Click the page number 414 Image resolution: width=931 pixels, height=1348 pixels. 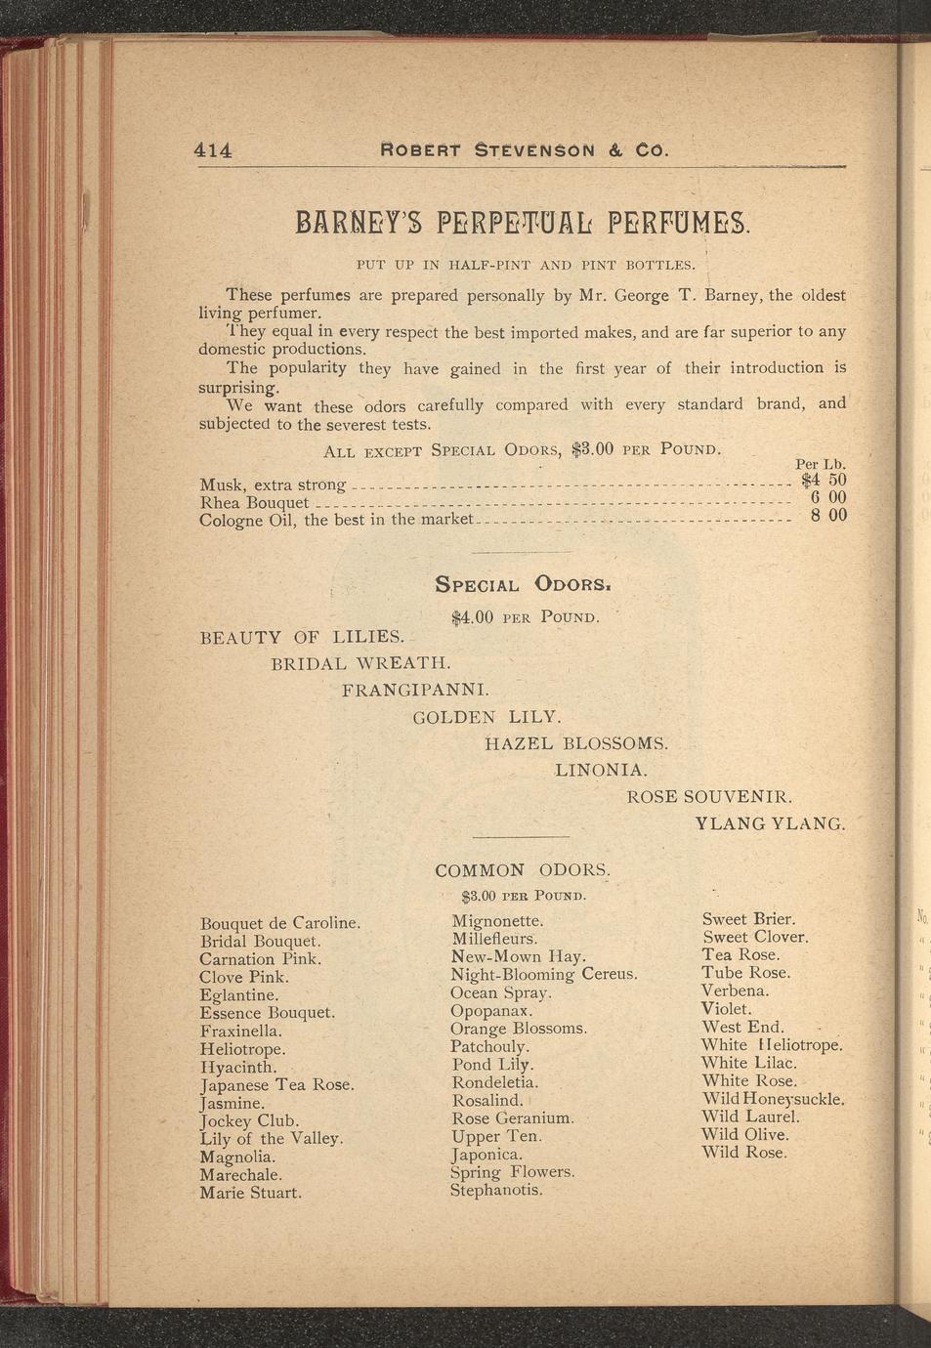[213, 150]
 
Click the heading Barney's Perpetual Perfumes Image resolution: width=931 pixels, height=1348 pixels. [522, 222]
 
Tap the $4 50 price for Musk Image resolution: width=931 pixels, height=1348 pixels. [823, 480]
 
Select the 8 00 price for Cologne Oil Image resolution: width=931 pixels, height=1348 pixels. [828, 516]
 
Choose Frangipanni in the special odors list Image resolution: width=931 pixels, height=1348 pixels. [415, 691]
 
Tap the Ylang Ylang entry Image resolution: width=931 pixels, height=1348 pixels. [769, 823]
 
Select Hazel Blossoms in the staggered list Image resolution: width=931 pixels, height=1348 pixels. [576, 743]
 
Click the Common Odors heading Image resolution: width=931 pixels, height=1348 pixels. [523, 870]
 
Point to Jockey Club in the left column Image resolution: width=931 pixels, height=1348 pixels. [249, 1121]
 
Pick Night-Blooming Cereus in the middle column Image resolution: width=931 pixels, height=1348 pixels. [543, 975]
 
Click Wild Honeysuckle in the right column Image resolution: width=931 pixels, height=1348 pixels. [772, 1099]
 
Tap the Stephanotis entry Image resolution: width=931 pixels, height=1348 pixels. [495, 1191]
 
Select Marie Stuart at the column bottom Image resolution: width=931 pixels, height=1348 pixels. [250, 1193]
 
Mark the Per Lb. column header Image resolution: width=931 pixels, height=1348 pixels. [820, 464]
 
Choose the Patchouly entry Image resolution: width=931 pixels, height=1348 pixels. [489, 1046]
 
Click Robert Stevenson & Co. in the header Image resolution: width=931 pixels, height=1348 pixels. [524, 151]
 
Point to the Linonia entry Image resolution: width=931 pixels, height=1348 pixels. [601, 771]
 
